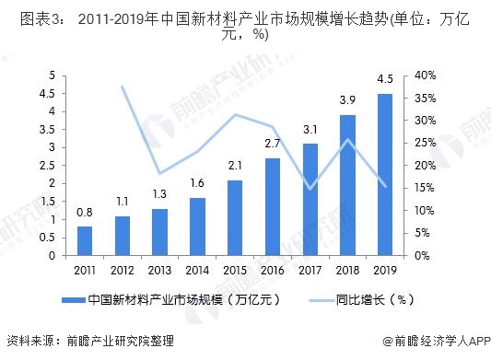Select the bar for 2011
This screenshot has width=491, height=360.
[85, 241]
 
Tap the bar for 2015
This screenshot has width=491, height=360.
[234, 218]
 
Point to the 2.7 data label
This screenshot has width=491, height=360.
[273, 144]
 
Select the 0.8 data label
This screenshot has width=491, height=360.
[85, 212]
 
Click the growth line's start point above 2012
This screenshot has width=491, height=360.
[123, 87]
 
